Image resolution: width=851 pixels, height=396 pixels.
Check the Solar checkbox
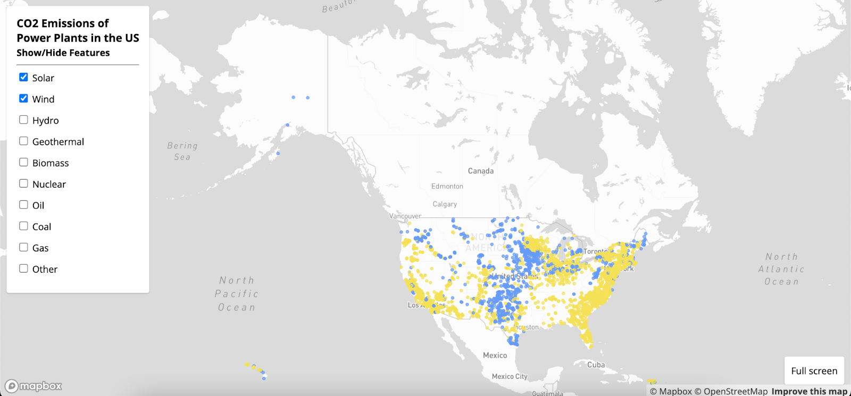[23, 77]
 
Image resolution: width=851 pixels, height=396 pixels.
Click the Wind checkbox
[23, 98]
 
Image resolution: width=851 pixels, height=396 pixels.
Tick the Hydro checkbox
[23, 120]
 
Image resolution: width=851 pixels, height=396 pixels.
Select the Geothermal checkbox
[23, 141]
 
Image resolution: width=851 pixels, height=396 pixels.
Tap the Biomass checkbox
[23, 162]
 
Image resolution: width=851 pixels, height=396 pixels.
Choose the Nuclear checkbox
[23, 183]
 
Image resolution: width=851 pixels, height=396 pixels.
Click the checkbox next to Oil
[23, 205]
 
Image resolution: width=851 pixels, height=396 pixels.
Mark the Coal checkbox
[23, 226]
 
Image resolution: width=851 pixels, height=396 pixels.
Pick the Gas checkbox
[23, 247]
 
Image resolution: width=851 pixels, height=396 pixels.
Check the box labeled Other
[23, 268]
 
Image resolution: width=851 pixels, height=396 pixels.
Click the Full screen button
[814, 371]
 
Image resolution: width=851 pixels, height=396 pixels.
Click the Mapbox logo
[34, 386]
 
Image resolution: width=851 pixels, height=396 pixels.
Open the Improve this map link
[809, 391]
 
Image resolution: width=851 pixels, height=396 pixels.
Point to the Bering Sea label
[182, 151]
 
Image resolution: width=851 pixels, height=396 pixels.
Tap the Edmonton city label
[447, 187]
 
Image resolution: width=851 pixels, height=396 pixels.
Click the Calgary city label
[445, 204]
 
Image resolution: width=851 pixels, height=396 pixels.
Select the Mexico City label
[510, 376]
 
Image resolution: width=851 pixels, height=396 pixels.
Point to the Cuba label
[596, 365]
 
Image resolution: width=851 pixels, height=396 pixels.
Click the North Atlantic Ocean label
[781, 269]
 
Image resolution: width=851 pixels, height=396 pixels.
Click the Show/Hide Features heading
[63, 53]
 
